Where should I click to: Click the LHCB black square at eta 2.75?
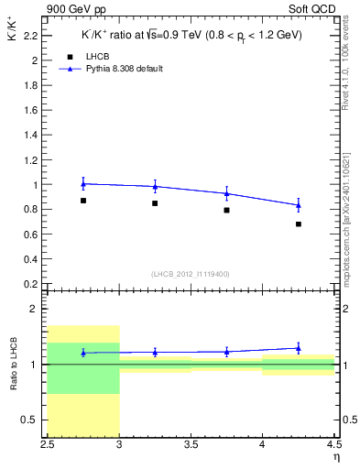(x=83, y=201)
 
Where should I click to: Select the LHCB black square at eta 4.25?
(x=299, y=224)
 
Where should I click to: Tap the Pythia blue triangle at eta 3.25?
(x=155, y=186)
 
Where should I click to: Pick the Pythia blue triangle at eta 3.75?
(x=226, y=193)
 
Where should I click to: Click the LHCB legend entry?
(x=99, y=57)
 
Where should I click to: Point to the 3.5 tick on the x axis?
(x=191, y=445)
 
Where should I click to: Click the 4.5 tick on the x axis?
(x=333, y=445)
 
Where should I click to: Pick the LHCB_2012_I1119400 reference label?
(x=190, y=274)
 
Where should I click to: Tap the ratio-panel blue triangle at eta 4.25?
(x=299, y=348)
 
